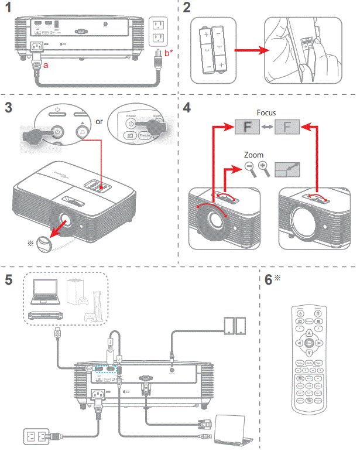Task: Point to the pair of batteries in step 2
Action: tap(213, 50)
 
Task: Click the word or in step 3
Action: tap(99, 122)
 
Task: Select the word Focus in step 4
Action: tap(266, 112)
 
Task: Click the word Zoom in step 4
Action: tap(253, 155)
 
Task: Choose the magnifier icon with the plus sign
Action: tap(263, 169)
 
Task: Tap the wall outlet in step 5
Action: tap(32, 436)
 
